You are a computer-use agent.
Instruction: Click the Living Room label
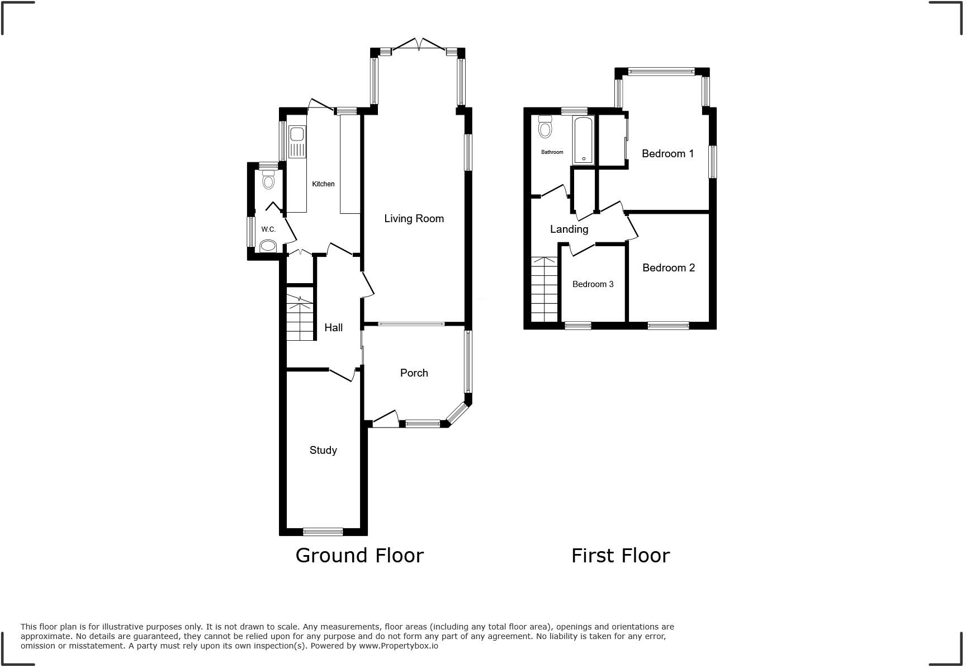[x=414, y=219]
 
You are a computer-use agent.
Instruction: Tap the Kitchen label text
[x=323, y=184]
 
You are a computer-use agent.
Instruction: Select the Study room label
[x=323, y=450]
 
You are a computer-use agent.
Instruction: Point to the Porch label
[x=414, y=373]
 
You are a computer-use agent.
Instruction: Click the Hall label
[x=333, y=328]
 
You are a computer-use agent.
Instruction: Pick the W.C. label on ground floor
[x=268, y=229]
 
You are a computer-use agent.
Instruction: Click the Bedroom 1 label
[x=667, y=154]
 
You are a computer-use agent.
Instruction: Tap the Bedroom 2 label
[x=668, y=268]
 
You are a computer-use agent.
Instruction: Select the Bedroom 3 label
[x=593, y=284]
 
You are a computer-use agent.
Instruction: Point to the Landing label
[x=569, y=229]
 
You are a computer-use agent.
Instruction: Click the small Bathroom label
[x=552, y=152]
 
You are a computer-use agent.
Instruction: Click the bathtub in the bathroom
[x=583, y=140]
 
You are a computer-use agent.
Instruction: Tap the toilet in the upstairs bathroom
[x=544, y=127]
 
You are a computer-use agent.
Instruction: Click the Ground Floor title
[x=359, y=556]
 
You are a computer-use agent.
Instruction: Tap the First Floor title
[x=620, y=556]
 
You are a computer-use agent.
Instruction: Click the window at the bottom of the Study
[x=323, y=531]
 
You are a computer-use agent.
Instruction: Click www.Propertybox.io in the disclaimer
[x=398, y=646]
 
